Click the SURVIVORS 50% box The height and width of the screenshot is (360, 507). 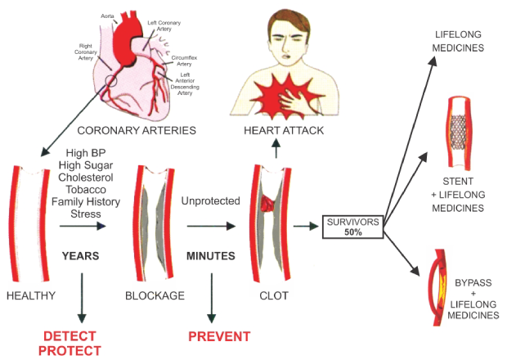pyautogui.click(x=352, y=227)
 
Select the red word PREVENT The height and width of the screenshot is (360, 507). pyautogui.click(x=219, y=336)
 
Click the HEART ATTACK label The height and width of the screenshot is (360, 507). pyautogui.click(x=284, y=131)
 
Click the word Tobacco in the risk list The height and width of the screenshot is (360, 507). pyautogui.click(x=80, y=190)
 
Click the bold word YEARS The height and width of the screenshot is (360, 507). pyautogui.click(x=80, y=256)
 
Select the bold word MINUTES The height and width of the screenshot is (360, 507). pyautogui.click(x=212, y=256)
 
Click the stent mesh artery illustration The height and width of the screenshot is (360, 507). pyautogui.click(x=458, y=126)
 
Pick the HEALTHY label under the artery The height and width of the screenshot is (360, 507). pyautogui.click(x=28, y=294)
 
